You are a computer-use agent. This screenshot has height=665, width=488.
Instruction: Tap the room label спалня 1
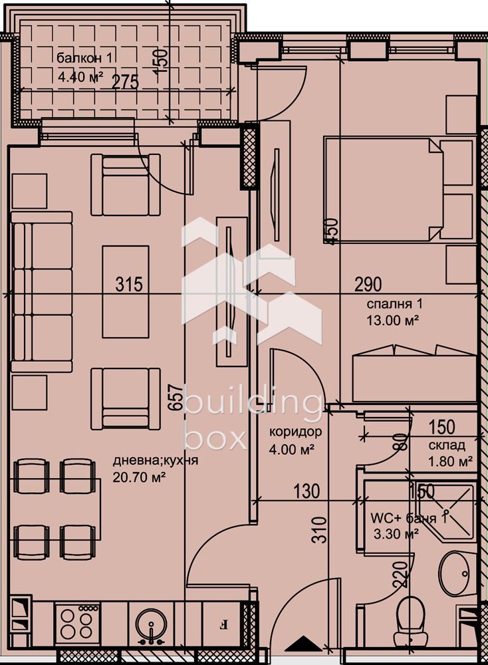394,304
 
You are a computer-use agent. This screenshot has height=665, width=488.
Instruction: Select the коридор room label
295,432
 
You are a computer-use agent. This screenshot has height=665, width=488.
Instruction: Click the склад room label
447,445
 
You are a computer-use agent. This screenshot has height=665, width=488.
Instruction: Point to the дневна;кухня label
155,461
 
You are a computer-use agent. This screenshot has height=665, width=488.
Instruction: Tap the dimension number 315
130,284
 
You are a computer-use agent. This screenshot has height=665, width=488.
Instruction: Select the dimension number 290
368,284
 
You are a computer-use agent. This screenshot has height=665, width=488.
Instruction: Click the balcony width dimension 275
126,81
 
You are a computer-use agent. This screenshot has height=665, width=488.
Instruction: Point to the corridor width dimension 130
306,491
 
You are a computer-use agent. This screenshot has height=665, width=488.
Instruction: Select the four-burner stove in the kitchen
77,623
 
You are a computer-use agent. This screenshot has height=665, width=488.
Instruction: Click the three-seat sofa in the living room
41,292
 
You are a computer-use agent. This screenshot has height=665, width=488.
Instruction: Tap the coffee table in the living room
126,292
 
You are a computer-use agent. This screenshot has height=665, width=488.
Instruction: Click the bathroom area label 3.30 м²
396,533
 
